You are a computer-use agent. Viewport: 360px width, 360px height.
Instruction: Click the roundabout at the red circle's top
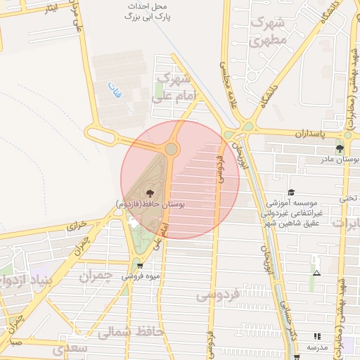tap(171, 149)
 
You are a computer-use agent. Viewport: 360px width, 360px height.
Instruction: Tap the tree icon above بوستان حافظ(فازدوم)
tap(149, 193)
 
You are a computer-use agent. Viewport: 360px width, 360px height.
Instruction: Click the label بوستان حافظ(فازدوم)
tap(150, 204)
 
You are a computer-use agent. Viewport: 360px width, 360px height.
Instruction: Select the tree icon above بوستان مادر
tap(340, 148)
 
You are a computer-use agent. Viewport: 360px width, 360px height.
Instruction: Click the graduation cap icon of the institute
tap(291, 193)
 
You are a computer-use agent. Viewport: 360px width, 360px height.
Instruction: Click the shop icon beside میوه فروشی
tap(139, 265)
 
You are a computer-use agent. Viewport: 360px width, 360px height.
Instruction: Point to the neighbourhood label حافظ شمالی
tap(131, 331)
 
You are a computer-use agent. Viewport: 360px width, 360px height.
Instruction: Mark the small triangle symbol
tap(316, 273)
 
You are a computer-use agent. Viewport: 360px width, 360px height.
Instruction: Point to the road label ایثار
tap(49, 8)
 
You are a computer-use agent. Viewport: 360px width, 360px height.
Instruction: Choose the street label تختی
tap(349, 198)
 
